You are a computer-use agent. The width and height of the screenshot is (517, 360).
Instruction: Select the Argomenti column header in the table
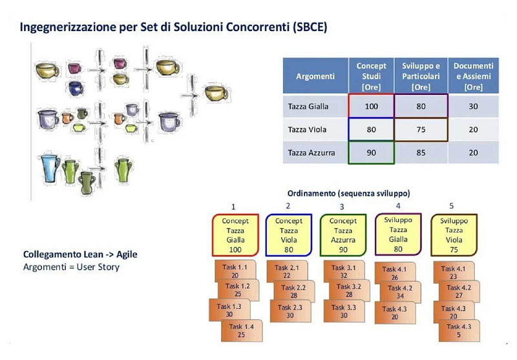point(315,76)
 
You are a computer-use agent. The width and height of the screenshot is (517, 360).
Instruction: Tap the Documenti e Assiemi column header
point(473,76)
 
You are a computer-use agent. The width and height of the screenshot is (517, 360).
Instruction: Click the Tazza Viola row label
point(307,129)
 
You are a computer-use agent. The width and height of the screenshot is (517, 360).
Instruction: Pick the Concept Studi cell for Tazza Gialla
point(371,106)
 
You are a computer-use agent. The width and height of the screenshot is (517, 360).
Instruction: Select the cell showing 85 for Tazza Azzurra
point(420,153)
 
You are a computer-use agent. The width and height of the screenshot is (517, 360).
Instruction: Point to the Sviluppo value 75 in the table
point(420,129)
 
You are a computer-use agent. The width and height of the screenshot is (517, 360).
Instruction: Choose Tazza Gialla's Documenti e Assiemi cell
point(473,106)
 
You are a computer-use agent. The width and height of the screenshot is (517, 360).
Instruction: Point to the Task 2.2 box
point(293,291)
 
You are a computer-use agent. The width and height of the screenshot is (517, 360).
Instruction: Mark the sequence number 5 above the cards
point(452,206)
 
